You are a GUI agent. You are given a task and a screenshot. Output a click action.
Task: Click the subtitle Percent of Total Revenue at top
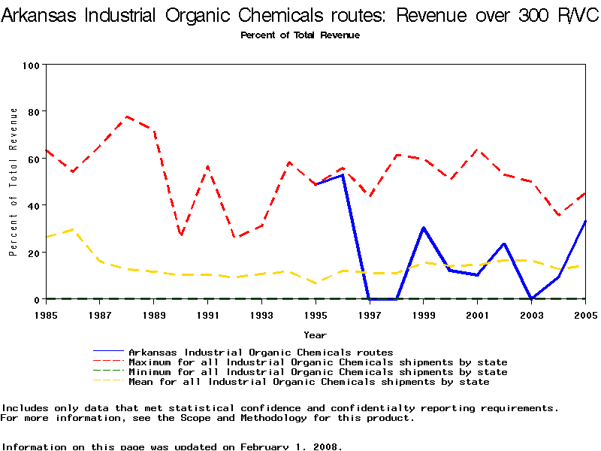pyautogui.click(x=300, y=35)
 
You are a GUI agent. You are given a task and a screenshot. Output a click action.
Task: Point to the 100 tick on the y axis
pyautogui.click(x=31, y=65)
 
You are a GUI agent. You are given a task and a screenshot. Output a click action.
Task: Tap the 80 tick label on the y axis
pyautogui.click(x=33, y=112)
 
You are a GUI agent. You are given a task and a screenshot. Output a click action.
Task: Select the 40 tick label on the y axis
pyautogui.click(x=33, y=205)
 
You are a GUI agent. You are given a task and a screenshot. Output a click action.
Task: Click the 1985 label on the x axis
pyautogui.click(x=46, y=315)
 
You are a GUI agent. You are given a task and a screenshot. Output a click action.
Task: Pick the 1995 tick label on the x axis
pyautogui.click(x=316, y=315)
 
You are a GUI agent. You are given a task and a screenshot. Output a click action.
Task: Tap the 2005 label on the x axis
pyautogui.click(x=584, y=315)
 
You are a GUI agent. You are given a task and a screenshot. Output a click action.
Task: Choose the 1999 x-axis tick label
pyautogui.click(x=423, y=315)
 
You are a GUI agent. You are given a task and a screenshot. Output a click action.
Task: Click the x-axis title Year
pyautogui.click(x=315, y=334)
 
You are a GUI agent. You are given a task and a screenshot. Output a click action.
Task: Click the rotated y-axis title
pyautogui.click(x=14, y=182)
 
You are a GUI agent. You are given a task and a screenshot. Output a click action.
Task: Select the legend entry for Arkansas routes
pyautogui.click(x=261, y=352)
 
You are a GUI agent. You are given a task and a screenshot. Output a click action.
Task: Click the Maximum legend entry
pyautogui.click(x=318, y=362)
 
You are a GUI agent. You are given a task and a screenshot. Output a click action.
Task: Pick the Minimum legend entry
pyautogui.click(x=318, y=372)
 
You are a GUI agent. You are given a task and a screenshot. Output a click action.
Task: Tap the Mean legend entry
pyautogui.click(x=309, y=382)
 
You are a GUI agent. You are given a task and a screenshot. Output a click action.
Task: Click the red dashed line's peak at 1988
pyautogui.click(x=127, y=117)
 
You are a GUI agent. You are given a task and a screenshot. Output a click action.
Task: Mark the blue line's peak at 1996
pyautogui.click(x=343, y=175)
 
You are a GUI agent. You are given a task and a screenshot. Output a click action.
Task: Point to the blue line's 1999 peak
pyautogui.click(x=424, y=228)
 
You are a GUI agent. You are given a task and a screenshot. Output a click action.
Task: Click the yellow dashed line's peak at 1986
pyautogui.click(x=73, y=229)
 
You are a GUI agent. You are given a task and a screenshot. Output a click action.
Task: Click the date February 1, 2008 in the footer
pyautogui.click(x=291, y=446)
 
